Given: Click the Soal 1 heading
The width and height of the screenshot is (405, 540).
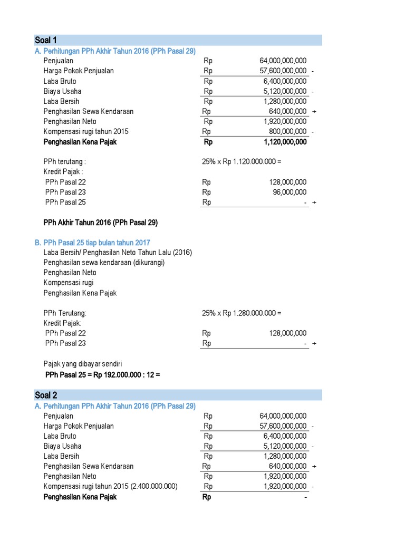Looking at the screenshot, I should click(x=46, y=41).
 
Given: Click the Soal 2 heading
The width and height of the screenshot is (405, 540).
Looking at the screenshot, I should click(x=46, y=396).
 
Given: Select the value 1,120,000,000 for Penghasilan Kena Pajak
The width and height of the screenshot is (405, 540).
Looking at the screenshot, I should click(x=285, y=142).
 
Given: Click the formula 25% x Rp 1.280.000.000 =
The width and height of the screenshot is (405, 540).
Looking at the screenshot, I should click(x=242, y=313).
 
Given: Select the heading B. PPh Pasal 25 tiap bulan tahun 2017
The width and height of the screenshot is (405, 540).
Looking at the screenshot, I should click(x=92, y=243).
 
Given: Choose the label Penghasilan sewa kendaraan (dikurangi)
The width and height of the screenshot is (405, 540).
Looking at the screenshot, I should click(x=104, y=263).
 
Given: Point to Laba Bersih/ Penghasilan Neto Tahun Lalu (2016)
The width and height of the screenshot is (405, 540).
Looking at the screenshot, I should click(x=118, y=253).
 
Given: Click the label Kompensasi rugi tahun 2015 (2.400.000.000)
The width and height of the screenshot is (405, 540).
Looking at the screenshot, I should click(x=110, y=487).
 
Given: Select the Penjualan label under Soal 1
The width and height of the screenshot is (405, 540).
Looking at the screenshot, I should click(x=59, y=61).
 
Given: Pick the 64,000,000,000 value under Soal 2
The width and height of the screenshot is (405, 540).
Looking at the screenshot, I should click(x=283, y=416).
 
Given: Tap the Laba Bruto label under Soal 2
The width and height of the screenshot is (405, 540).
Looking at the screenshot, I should click(x=60, y=436).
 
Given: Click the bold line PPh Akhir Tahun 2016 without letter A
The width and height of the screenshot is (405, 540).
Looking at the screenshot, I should click(x=100, y=223).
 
